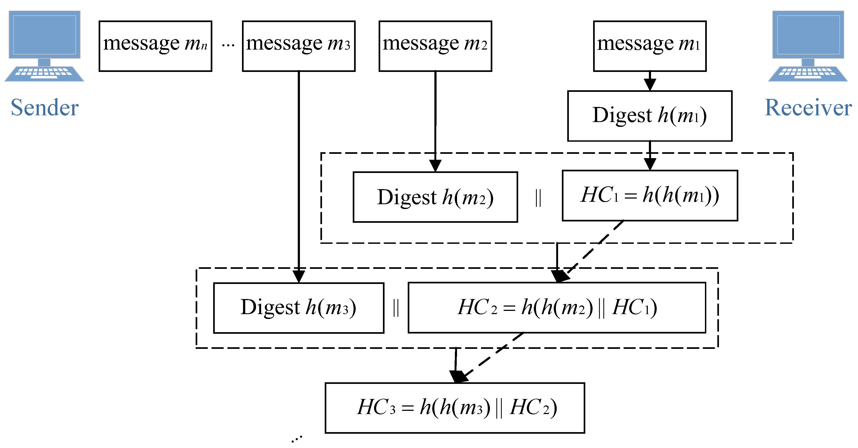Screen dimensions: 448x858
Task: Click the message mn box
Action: pos(155,46)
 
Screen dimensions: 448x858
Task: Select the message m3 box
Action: pos(298,46)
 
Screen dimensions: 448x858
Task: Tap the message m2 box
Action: pos(435,46)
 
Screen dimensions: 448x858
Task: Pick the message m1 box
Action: pos(649,46)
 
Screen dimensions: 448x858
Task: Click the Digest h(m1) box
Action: pos(649,116)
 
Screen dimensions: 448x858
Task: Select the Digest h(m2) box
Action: pos(435,197)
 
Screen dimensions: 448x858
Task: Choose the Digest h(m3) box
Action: pos(298,307)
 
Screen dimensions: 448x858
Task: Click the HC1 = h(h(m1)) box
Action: pos(649,196)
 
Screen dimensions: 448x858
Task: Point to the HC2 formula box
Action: pos(556,307)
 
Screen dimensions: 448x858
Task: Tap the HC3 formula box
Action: pos(455,408)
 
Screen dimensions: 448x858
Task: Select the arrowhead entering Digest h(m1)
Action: pos(649,85)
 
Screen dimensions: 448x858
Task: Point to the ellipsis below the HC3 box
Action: pos(296,439)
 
